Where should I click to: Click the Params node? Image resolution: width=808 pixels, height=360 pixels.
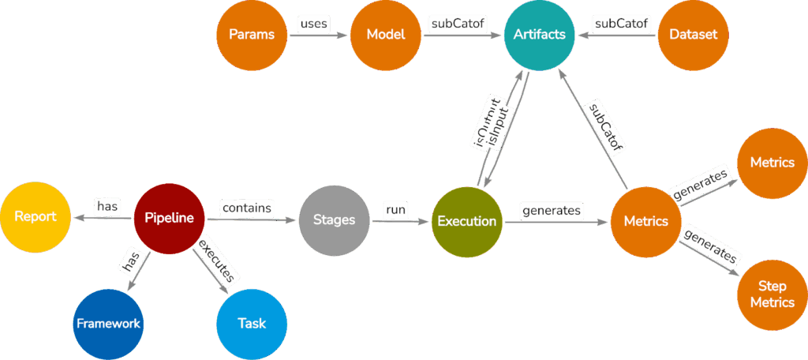251,35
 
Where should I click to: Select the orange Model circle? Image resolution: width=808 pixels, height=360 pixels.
385,35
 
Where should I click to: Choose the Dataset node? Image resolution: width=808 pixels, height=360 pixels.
692,35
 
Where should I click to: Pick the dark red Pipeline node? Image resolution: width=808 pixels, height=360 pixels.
169,217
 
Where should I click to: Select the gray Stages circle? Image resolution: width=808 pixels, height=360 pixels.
334,221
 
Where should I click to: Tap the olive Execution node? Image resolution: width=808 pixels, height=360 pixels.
467,221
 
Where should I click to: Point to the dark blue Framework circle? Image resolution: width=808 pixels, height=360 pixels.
108,323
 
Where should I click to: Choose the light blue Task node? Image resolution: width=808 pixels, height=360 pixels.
252,323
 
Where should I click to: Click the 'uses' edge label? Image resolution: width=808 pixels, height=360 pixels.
314,24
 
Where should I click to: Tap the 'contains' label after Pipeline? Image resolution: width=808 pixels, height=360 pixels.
246,208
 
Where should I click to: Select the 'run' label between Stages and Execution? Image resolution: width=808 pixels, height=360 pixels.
395,210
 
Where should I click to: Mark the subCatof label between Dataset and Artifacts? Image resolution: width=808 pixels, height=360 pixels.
622,24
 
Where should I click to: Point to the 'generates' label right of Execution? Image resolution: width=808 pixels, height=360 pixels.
552,210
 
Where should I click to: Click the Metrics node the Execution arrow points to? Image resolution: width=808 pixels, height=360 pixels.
645,221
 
